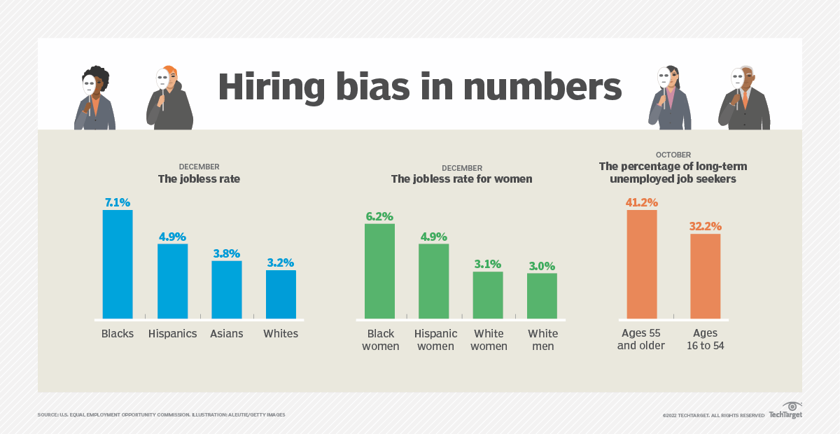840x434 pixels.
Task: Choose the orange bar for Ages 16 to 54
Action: point(705,276)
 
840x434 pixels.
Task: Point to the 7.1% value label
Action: point(118,202)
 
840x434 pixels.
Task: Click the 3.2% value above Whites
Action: point(281,263)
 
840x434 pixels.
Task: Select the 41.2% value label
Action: point(642,202)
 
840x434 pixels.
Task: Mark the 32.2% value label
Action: point(705,226)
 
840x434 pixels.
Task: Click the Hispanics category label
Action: point(172,334)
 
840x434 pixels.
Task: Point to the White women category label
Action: point(489,340)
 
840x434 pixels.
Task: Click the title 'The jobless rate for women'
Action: point(461,179)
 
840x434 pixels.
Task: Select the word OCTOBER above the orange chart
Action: point(673,155)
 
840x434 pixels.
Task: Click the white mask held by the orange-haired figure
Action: point(162,78)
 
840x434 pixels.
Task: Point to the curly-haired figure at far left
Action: point(95,99)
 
